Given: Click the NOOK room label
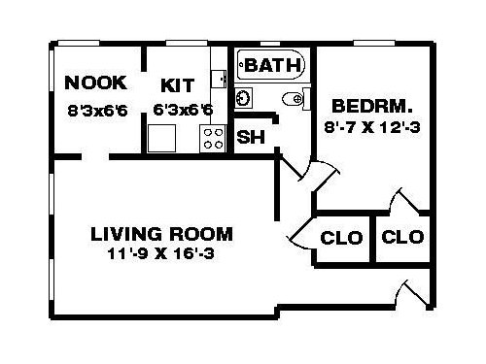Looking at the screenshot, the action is pyautogui.click(x=96, y=83).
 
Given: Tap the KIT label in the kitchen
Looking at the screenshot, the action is pyautogui.click(x=178, y=85).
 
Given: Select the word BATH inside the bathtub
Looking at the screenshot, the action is pyautogui.click(x=272, y=65).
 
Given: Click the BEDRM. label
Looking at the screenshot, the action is pyautogui.click(x=372, y=106).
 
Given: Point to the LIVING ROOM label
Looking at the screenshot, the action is pyautogui.click(x=161, y=234).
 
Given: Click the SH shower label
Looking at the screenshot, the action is pyautogui.click(x=251, y=137).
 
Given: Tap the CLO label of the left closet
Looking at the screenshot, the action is pyautogui.click(x=341, y=238).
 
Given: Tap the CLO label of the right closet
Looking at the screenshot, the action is pyautogui.click(x=402, y=237).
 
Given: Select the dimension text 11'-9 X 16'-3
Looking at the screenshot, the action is pyautogui.click(x=161, y=253).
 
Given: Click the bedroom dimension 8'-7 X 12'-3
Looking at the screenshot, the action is pyautogui.click(x=372, y=127).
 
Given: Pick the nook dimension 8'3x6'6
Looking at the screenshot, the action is pyautogui.click(x=97, y=111).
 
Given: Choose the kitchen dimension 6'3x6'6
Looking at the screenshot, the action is pyautogui.click(x=183, y=110).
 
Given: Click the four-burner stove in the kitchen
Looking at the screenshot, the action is pyautogui.click(x=213, y=139).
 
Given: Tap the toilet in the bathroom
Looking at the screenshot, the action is pyautogui.click(x=295, y=98).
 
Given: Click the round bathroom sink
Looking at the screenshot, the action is pyautogui.click(x=243, y=97).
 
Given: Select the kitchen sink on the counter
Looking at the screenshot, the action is pyautogui.click(x=219, y=79).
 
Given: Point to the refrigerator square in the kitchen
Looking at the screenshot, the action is pyautogui.click(x=161, y=138).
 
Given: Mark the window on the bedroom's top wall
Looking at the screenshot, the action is pyautogui.click(x=374, y=44).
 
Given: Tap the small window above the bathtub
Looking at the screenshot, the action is pyautogui.click(x=270, y=44).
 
